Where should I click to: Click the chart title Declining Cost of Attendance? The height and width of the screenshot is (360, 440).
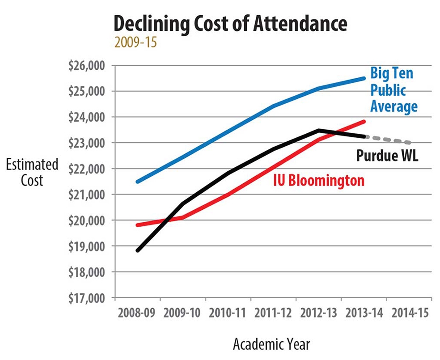click(230, 23)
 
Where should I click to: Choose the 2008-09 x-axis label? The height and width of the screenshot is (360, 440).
click(137, 313)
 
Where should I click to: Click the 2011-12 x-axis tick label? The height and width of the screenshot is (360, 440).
click(274, 313)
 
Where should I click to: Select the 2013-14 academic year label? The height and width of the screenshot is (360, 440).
click(364, 313)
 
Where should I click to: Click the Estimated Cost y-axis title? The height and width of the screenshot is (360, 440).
click(32, 172)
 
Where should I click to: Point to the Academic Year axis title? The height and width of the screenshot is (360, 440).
click(271, 344)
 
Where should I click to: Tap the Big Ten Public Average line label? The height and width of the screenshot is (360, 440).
click(394, 90)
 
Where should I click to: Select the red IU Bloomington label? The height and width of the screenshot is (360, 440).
click(318, 180)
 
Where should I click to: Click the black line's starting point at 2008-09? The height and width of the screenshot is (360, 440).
click(138, 250)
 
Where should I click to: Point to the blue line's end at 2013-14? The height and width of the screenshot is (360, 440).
click(364, 78)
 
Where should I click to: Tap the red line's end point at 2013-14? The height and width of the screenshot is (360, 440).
click(364, 121)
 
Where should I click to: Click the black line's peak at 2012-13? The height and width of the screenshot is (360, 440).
click(319, 131)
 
